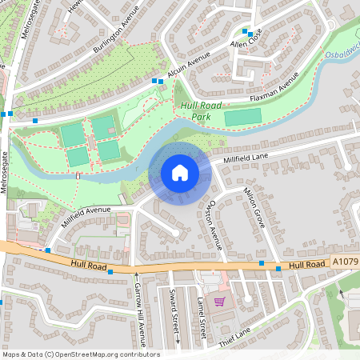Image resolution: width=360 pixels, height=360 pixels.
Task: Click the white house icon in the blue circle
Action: [180, 172]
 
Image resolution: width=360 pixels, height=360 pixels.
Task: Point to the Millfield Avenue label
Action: [86, 217]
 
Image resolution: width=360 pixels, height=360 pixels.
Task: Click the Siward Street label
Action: [174, 312]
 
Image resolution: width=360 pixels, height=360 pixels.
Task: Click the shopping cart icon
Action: [219, 302]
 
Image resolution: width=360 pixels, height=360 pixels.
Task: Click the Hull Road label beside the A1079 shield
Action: [306, 264]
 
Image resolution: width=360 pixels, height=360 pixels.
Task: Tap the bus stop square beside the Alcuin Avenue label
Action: [155, 81]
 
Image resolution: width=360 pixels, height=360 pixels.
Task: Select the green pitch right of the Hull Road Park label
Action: [242, 118]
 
